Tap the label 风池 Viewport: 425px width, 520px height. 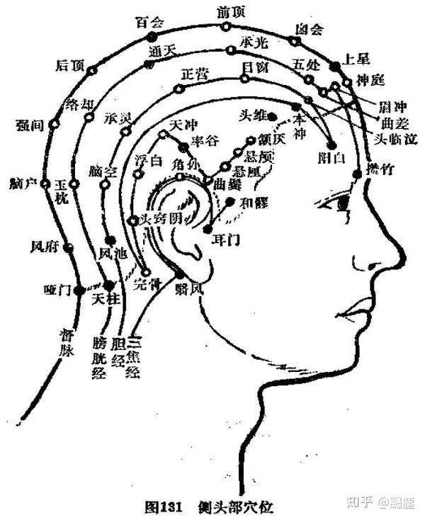coord(113,252)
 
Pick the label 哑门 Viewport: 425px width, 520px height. coord(55,289)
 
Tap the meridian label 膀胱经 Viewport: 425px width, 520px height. coord(99,358)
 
